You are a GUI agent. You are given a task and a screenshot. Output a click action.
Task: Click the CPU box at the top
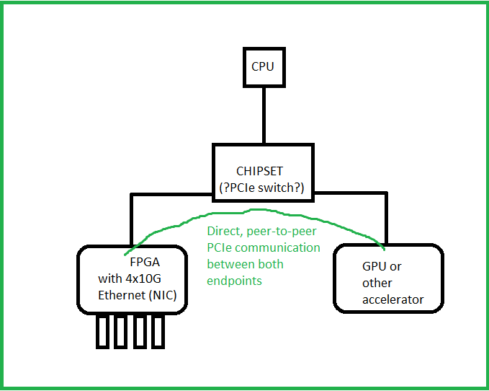[262, 66]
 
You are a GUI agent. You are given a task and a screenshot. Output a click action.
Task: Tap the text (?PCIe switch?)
[263, 188]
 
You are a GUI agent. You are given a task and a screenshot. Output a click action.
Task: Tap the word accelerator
[393, 299]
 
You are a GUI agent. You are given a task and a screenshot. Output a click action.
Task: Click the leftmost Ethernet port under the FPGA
[102, 330]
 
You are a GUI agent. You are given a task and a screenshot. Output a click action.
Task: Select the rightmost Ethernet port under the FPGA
[158, 330]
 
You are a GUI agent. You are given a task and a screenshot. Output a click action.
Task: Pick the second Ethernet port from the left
[121, 330]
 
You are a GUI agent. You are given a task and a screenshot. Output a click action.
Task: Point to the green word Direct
[224, 232]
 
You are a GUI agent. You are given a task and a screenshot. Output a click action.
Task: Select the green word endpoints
[234, 280]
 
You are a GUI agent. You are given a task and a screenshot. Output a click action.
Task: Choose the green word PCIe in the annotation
[220, 247]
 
